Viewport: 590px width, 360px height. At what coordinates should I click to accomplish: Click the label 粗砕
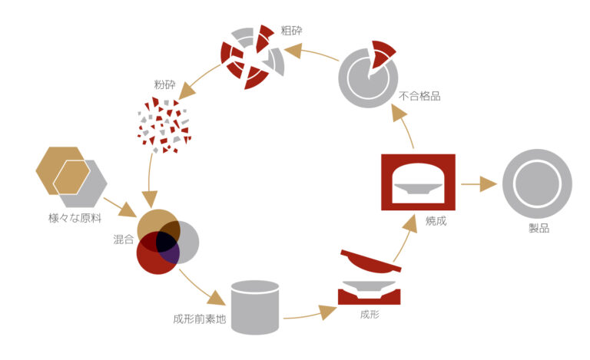coord(291,31)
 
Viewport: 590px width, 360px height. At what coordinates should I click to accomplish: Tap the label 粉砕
coord(165,84)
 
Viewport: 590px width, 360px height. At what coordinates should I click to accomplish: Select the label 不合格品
coord(419,96)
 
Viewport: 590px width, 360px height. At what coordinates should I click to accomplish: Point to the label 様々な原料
coord(75,218)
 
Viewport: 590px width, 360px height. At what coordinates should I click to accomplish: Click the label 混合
coord(124,239)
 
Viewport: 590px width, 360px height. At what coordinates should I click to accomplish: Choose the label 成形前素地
coord(200,319)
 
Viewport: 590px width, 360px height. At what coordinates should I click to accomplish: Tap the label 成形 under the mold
coord(370,314)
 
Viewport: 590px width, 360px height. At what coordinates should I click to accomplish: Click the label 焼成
coord(436,221)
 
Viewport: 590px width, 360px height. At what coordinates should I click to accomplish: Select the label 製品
coord(539,228)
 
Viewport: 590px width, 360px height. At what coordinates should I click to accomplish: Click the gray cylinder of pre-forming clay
coord(255,307)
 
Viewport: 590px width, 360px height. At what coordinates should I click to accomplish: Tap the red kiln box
coord(418,158)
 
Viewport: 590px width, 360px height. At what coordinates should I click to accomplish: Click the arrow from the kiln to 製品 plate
coord(479,184)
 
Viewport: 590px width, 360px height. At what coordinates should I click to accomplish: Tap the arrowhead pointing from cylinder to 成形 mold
coord(327,312)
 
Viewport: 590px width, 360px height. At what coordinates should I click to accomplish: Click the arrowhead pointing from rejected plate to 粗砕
coord(293,51)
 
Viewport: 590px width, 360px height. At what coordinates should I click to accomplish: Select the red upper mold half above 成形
coord(370,262)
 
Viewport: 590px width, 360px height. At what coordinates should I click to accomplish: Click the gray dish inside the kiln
coord(418,188)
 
